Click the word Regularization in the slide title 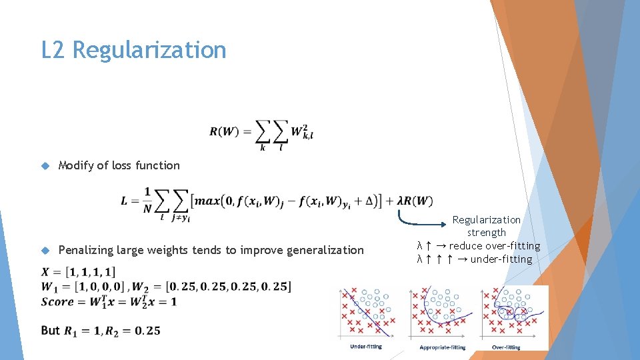point(149,50)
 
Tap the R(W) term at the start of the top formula point(224,131)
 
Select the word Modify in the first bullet point(76,165)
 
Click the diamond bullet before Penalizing point(45,251)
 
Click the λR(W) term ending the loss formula point(415,201)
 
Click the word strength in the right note point(487,233)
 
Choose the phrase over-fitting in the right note point(510,246)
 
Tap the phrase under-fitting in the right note point(501,259)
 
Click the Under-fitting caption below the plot point(366,347)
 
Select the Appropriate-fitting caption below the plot point(442,347)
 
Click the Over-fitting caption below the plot point(506,347)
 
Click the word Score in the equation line point(57,301)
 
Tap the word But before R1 point(50,331)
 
